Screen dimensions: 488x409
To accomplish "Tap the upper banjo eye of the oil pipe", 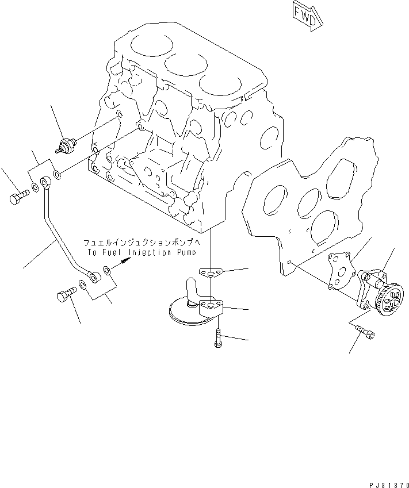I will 47,183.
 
